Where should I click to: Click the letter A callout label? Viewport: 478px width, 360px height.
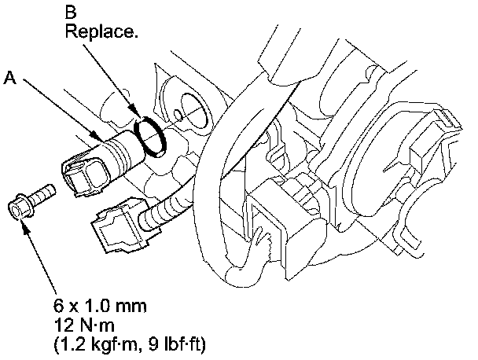pyautogui.click(x=10, y=78)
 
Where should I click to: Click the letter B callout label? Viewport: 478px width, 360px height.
pyautogui.click(x=71, y=13)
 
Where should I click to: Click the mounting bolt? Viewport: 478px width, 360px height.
pyautogui.click(x=31, y=201)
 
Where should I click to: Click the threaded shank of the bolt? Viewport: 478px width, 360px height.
pyautogui.click(x=44, y=193)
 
